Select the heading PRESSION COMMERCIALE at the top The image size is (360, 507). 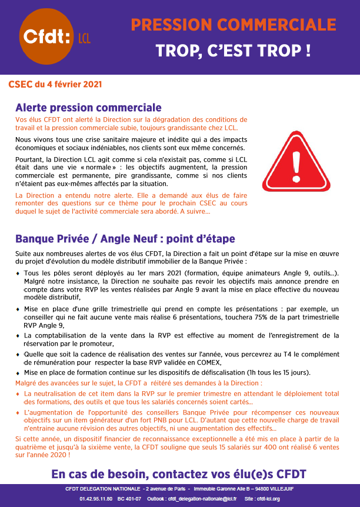pyautogui.click(x=234, y=24)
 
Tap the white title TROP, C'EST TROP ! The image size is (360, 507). pyautogui.click(x=234, y=51)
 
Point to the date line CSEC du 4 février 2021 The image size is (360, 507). pyautogui.click(x=55, y=84)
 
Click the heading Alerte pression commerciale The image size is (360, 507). pyautogui.click(x=88, y=108)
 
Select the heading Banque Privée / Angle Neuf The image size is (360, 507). pyautogui.click(x=125, y=239)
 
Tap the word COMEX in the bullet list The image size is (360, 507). pyautogui.click(x=208, y=363)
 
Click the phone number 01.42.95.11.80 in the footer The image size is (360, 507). pyautogui.click(x=95, y=499)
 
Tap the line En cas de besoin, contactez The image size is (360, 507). pyautogui.click(x=179, y=474)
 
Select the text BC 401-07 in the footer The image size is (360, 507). pyautogui.click(x=129, y=499)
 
